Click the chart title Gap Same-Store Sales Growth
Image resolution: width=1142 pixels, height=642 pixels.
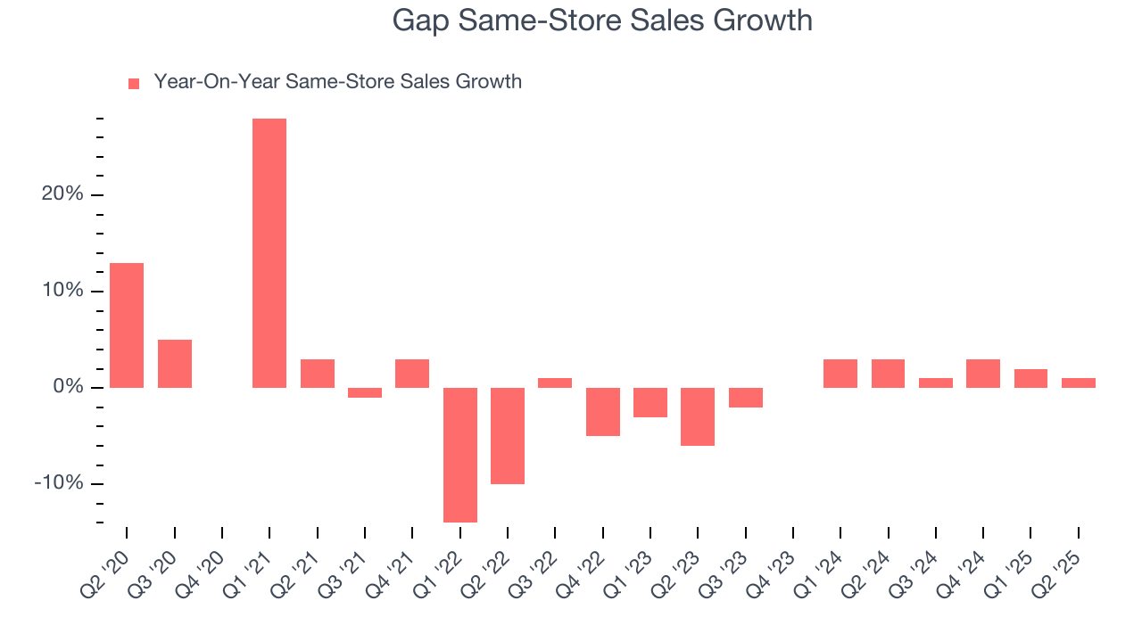coord(602,21)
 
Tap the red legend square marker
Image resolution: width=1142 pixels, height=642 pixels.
coord(134,84)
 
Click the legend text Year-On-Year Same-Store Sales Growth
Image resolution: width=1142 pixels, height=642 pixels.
coord(337,82)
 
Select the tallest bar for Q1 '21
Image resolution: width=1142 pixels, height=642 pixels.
coord(269,253)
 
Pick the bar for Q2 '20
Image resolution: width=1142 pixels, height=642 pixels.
coord(127,325)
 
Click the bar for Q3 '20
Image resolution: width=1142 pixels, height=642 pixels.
coord(175,364)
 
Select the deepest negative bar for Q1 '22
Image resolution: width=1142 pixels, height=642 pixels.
coord(460,455)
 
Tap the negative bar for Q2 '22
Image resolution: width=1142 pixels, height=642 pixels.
coord(508,436)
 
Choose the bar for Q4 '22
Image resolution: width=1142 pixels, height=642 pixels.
coord(603,412)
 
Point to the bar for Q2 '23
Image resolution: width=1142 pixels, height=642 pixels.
coord(698,416)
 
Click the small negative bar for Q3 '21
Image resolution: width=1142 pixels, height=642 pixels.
coord(365,392)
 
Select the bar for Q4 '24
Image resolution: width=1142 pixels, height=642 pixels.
coord(983,374)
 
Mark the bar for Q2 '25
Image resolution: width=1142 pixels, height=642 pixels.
coord(1079,383)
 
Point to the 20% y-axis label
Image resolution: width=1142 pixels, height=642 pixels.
coord(62,195)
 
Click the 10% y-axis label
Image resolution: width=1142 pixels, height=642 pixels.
coord(62,292)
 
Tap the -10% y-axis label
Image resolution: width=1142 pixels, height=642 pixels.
coord(59,483)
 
